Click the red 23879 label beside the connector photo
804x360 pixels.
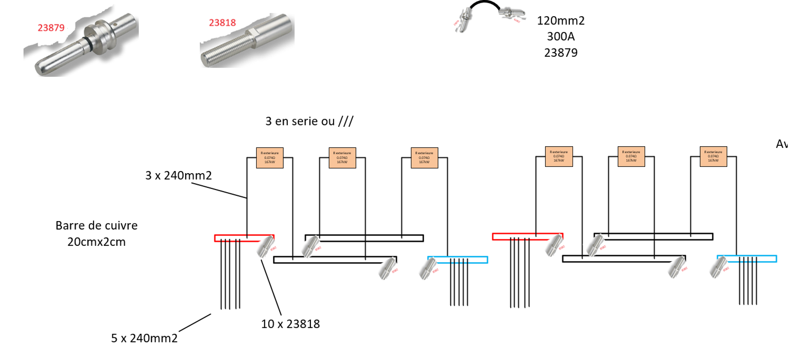pos(51,28)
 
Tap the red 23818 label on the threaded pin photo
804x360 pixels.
pos(222,23)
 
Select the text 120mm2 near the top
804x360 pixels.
pos(560,21)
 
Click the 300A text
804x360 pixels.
pos(560,37)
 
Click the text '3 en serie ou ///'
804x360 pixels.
pos(309,121)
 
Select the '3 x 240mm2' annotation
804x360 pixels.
pos(178,175)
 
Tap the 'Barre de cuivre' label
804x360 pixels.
pos(96,226)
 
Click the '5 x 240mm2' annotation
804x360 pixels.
pos(144,338)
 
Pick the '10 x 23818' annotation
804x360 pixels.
pos(290,324)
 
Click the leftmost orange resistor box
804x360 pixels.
pos(269,158)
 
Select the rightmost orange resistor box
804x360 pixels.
pos(713,157)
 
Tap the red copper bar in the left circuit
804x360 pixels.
pos(235,238)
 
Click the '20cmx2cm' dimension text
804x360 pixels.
pos(96,242)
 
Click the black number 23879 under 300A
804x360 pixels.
pos(560,53)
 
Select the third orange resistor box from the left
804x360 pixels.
pos(424,158)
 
